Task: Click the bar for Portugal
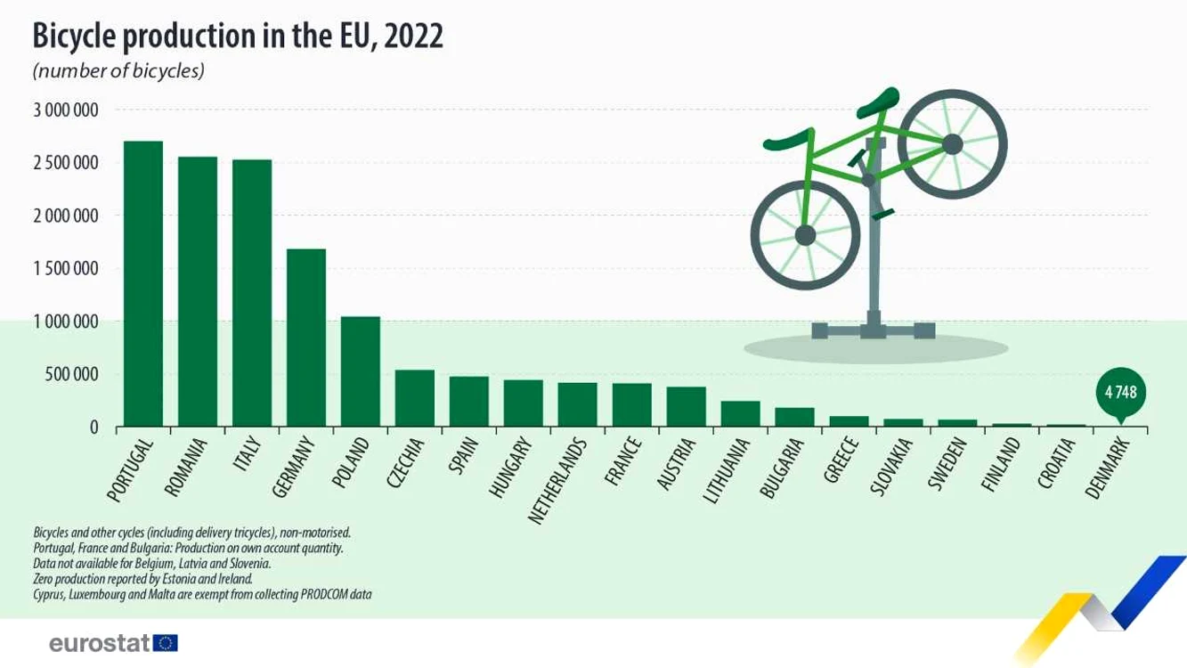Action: click(x=143, y=283)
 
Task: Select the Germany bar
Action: click(x=306, y=338)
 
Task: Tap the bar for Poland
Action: click(x=361, y=371)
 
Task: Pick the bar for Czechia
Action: click(x=415, y=398)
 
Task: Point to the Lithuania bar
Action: click(x=740, y=413)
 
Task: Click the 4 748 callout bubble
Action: click(x=1121, y=394)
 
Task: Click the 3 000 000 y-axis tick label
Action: click(x=66, y=110)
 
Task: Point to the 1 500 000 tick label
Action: click(x=66, y=269)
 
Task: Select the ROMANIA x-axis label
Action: click(x=185, y=467)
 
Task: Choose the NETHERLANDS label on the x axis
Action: click(x=558, y=481)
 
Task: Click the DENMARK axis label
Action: click(x=1108, y=468)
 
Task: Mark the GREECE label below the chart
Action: click(x=841, y=460)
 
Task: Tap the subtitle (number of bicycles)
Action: click(x=118, y=71)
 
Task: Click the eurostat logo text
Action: click(x=100, y=643)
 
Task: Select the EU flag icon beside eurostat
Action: click(x=166, y=643)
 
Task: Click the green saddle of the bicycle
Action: click(x=880, y=102)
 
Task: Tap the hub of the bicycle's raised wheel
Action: click(x=952, y=144)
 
